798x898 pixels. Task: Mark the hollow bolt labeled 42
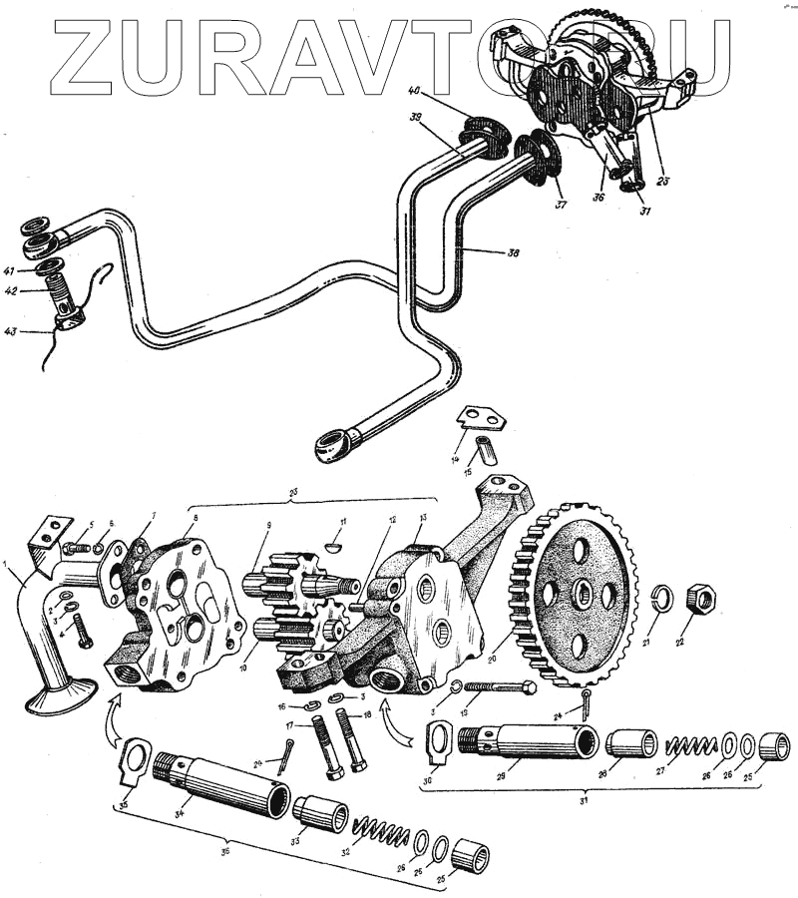pos(62,296)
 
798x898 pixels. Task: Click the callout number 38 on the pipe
pos(512,253)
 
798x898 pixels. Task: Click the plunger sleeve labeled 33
pos(319,813)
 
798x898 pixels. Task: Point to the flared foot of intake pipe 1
pos(61,694)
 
